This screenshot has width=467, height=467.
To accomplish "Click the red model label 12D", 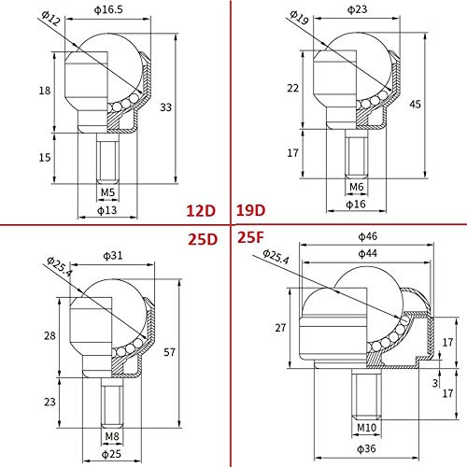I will tap(201, 208).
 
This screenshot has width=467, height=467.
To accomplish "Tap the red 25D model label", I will tap(201, 238).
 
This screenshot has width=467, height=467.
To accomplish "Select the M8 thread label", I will tap(110, 434).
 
